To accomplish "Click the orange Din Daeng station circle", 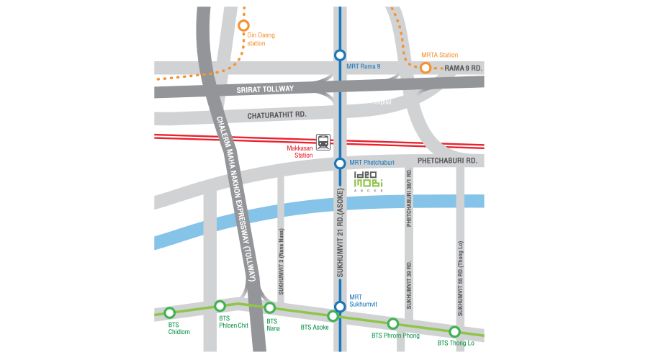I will (x=244, y=26).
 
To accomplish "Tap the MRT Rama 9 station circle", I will (x=340, y=54).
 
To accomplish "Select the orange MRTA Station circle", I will (x=426, y=68).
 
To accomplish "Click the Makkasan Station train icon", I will (x=324, y=142).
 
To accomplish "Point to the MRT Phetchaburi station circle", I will (x=340, y=163).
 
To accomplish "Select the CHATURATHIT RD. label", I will (x=276, y=114).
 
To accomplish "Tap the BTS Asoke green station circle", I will (x=333, y=316).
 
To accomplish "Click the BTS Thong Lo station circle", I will (x=454, y=331).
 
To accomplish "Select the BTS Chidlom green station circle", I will (x=170, y=312).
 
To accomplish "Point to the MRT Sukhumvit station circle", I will (x=340, y=306).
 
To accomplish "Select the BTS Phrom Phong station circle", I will (x=393, y=323).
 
